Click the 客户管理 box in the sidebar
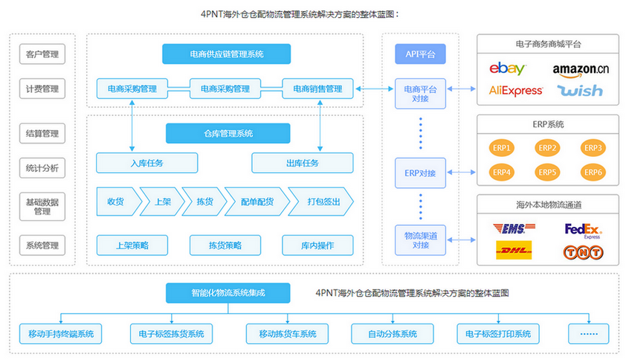coord(42,54)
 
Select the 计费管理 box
coord(42,89)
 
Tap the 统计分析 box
coord(42,168)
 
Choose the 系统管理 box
coord(42,245)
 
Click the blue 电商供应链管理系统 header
coord(226,54)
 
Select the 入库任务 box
coord(146,163)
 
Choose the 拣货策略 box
coord(225,245)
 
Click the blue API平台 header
coord(420,54)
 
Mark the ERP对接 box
coord(420,173)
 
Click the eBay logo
coord(508,69)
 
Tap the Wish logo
coord(581,91)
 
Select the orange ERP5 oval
coord(547,173)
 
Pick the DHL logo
coord(514,251)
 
